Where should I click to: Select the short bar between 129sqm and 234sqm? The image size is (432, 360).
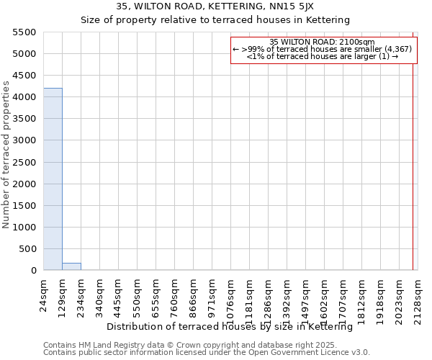(71, 266)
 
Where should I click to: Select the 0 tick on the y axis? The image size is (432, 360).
(34, 271)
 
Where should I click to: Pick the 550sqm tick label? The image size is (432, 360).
(138, 294)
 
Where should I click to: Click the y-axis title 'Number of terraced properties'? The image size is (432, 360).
(6, 155)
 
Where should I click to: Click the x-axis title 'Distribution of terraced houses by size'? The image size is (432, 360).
(229, 326)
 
